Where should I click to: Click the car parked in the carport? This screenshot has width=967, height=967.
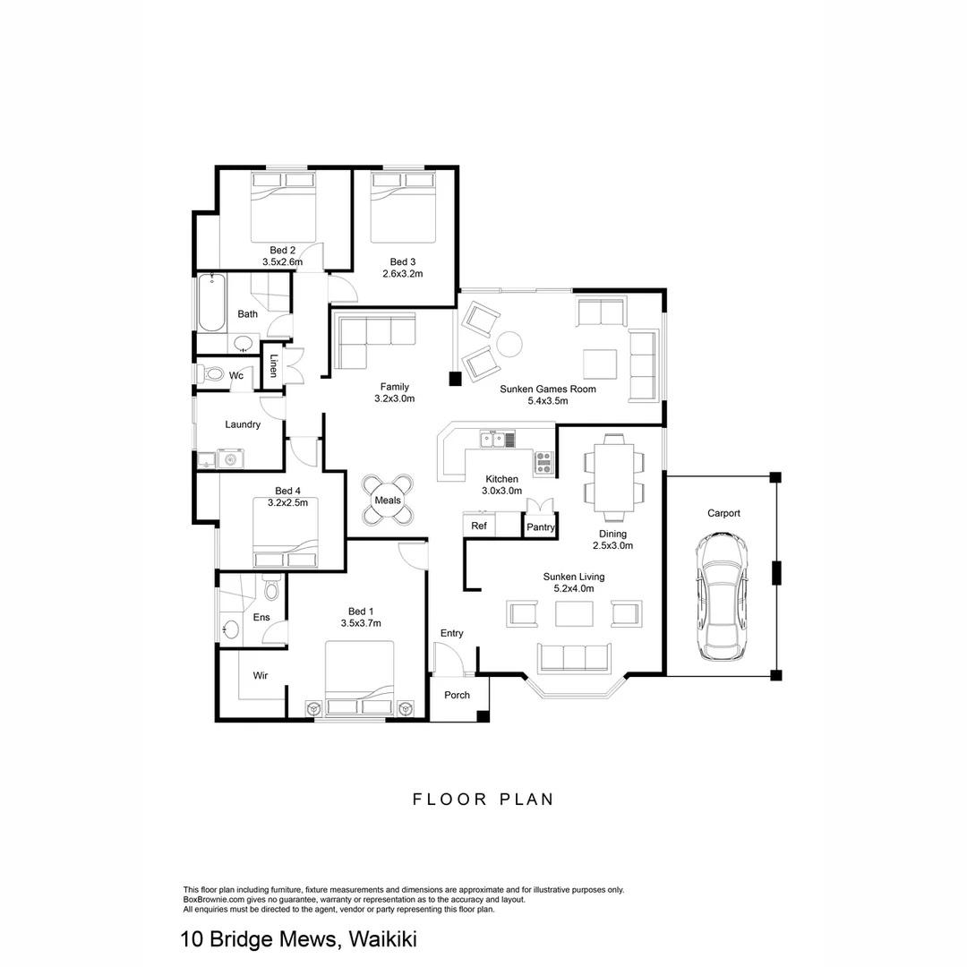pyautogui.click(x=722, y=595)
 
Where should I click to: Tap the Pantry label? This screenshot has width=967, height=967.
pyautogui.click(x=541, y=527)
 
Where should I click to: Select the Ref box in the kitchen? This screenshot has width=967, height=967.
pyautogui.click(x=479, y=526)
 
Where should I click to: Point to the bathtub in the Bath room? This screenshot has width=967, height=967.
pyautogui.click(x=210, y=303)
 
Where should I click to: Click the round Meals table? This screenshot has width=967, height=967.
pyautogui.click(x=388, y=500)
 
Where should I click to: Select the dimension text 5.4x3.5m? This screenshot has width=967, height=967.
pyautogui.click(x=549, y=402)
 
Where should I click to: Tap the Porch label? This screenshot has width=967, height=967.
pyautogui.click(x=458, y=695)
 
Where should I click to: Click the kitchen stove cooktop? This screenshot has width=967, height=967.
pyautogui.click(x=543, y=462)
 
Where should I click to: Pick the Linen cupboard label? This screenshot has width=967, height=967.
pyautogui.click(x=274, y=366)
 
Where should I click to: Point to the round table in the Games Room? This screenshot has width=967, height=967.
pyautogui.click(x=509, y=344)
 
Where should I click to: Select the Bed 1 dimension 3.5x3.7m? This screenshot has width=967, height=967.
pyautogui.click(x=361, y=623)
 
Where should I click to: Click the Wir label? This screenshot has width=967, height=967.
pyautogui.click(x=261, y=675)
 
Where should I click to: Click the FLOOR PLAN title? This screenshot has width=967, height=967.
pyautogui.click(x=483, y=799)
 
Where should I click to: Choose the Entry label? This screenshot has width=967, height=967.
pyautogui.click(x=451, y=633)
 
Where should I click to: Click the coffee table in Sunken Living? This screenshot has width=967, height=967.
pyautogui.click(x=574, y=613)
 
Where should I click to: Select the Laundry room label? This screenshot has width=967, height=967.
pyautogui.click(x=243, y=424)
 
